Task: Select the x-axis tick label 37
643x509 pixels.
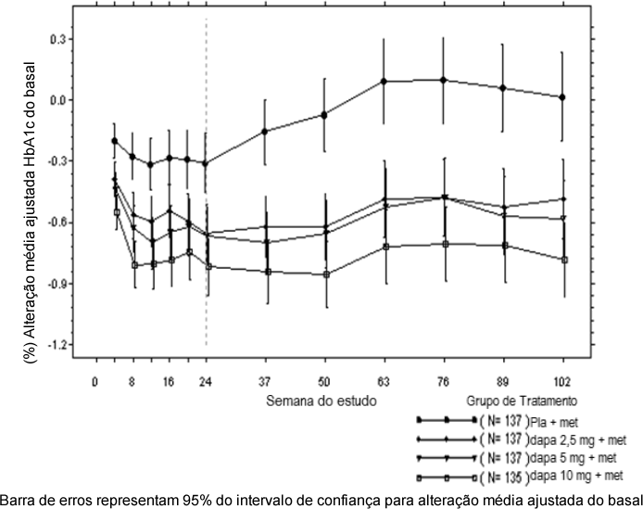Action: (x=265, y=380)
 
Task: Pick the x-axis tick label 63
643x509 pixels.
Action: (x=384, y=380)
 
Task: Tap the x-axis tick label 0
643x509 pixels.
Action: (x=95, y=380)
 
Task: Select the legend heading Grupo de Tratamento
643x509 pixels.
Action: (x=524, y=401)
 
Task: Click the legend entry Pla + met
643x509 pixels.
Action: (x=554, y=420)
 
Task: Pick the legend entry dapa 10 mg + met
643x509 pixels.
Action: (x=573, y=476)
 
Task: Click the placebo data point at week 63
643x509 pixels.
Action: (x=384, y=82)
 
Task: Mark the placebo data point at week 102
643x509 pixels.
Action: (x=562, y=97)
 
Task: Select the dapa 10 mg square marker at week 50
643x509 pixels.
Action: (x=324, y=274)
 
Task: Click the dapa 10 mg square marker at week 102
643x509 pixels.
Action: (x=562, y=260)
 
